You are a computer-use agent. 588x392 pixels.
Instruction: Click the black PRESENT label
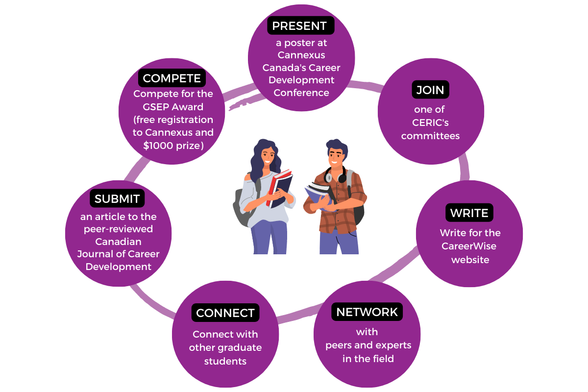click(x=300, y=25)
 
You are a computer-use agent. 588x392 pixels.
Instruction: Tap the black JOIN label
click(x=430, y=90)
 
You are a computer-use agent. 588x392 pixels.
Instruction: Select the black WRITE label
click(x=469, y=213)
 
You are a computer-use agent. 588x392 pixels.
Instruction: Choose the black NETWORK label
click(x=367, y=312)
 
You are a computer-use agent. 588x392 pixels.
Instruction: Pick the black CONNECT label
click(x=225, y=313)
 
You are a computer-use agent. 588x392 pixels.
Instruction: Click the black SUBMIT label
click(x=117, y=198)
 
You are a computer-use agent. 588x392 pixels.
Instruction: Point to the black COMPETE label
click(x=171, y=78)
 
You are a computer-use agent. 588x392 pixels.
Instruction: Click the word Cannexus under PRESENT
click(x=301, y=55)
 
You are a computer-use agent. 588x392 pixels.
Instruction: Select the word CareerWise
click(x=469, y=246)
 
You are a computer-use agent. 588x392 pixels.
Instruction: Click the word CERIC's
click(x=430, y=122)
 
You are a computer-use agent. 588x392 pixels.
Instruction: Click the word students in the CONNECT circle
click(x=225, y=361)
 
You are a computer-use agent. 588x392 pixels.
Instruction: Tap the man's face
click(x=335, y=157)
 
